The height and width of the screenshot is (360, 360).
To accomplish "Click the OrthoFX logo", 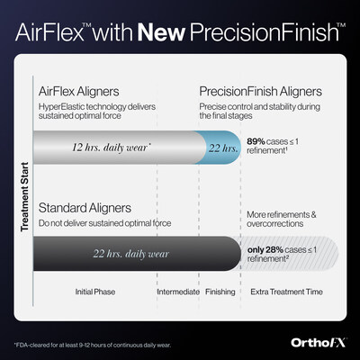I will click(315, 340).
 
